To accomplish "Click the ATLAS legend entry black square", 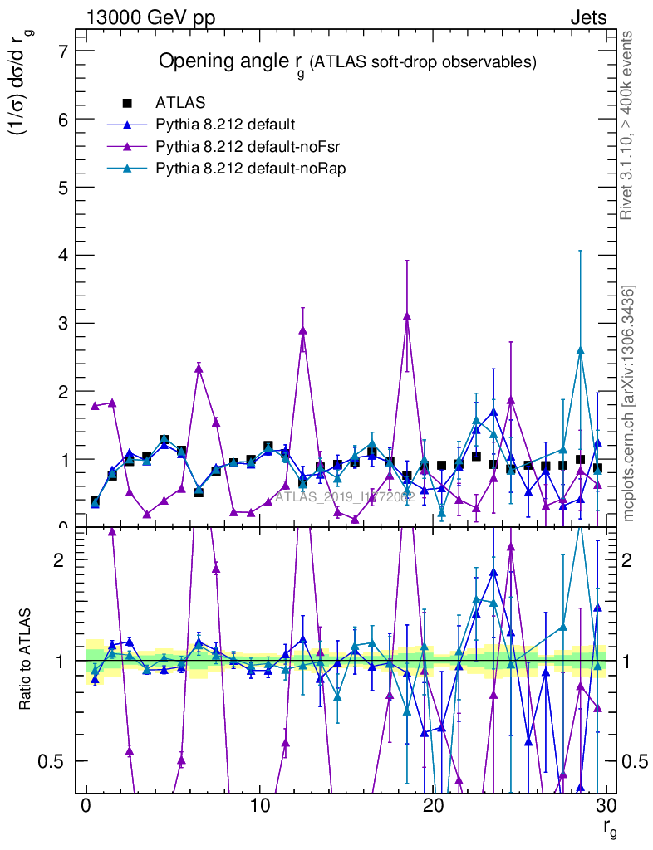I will [x=127, y=104].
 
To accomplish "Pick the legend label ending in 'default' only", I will [x=224, y=125].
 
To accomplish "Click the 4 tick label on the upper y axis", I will [x=63, y=255].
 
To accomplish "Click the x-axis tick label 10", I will [x=260, y=806].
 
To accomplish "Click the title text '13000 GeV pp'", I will [x=150, y=18].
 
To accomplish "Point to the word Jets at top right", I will [x=588, y=18].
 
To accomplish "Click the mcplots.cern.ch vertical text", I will [x=629, y=403].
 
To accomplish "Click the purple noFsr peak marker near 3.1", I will [x=407, y=316].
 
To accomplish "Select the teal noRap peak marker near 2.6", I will [x=580, y=350].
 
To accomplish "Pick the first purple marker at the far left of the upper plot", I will [x=95, y=406].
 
